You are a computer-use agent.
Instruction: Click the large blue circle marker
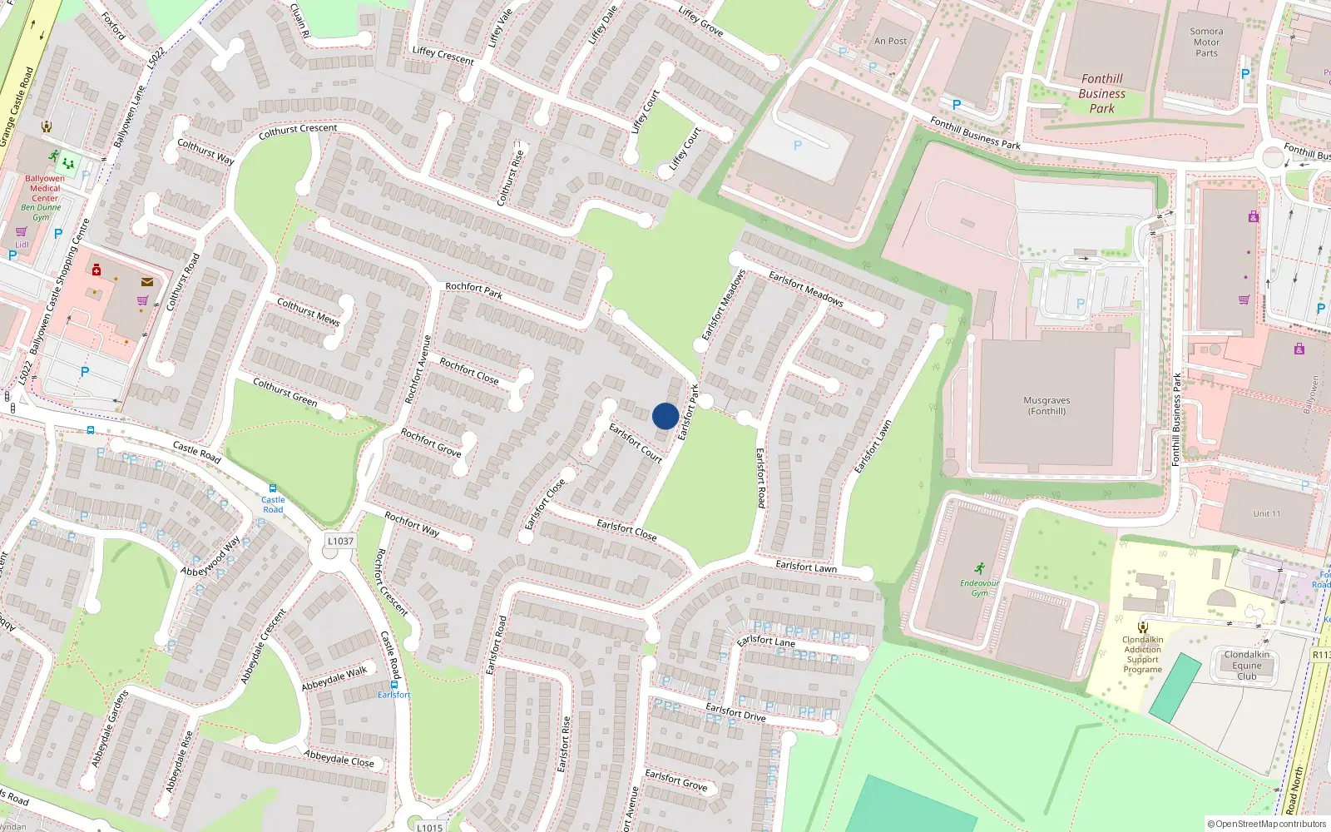pos(665,416)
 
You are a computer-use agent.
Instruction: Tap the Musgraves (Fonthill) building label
pos(1046,406)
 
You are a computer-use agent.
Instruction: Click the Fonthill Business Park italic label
pos(1101,93)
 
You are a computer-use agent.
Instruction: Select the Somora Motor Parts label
pos(1206,42)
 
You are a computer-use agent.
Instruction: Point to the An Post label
pos(890,41)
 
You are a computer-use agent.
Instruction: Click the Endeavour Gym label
pos(979,587)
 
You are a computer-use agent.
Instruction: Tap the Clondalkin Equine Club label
pos(1246,666)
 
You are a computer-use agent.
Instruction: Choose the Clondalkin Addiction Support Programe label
pos(1142,654)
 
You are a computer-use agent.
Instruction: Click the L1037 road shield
pos(340,541)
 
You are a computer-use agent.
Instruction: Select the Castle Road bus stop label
pos(273,504)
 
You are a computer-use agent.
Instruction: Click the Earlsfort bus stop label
pos(393,695)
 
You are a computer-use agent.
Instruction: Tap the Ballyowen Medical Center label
pos(45,188)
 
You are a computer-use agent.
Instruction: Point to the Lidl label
pos(22,245)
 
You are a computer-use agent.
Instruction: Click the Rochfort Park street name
pos(473,290)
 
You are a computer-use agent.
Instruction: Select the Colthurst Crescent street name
pos(298,130)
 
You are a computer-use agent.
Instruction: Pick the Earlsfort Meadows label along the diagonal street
pos(805,289)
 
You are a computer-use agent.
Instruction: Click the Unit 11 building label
pos(1266,513)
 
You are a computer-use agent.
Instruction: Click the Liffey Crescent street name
pos(443,55)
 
